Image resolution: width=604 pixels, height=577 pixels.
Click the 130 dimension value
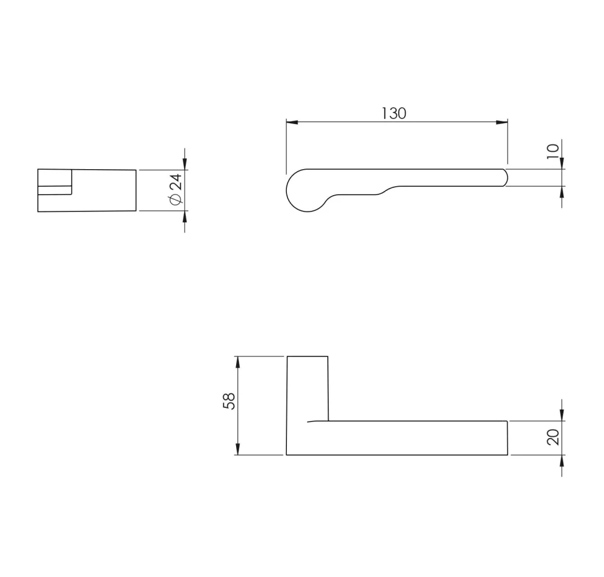(x=394, y=114)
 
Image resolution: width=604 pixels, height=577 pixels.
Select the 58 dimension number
(x=229, y=401)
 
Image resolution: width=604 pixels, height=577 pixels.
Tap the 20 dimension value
(x=553, y=437)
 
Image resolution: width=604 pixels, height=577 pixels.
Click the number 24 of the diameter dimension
(x=176, y=182)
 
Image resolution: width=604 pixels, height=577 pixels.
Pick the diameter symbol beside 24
(x=175, y=199)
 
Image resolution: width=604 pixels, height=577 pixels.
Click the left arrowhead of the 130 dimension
(x=292, y=122)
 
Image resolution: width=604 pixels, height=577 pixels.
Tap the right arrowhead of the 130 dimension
(x=501, y=122)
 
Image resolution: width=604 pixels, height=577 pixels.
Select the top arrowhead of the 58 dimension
(x=237, y=363)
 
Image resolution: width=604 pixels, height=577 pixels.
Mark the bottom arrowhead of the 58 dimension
(x=237, y=449)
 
